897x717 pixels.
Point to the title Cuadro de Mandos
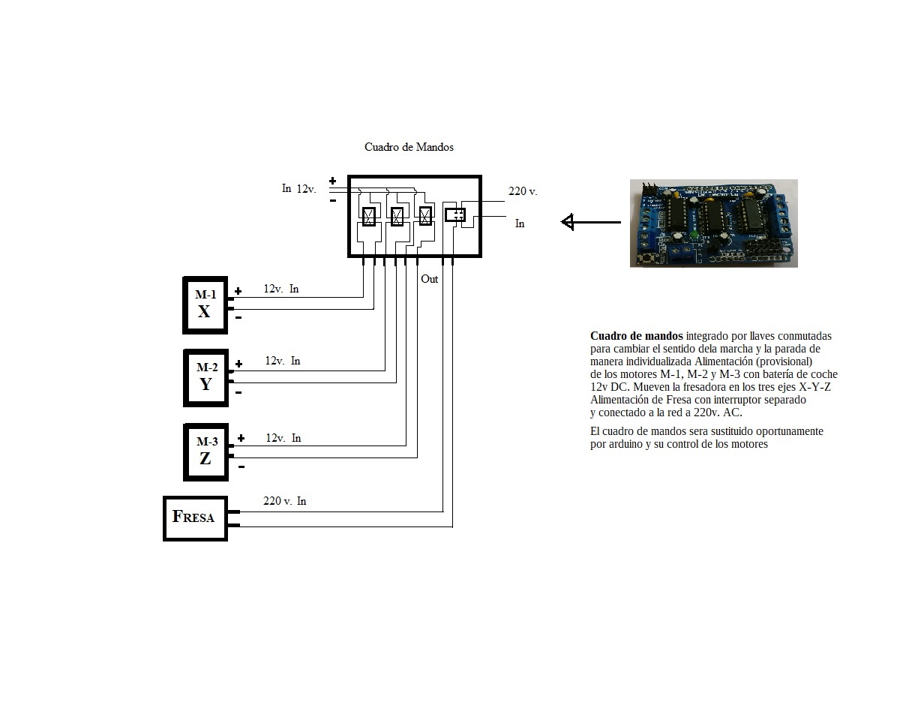coord(409,147)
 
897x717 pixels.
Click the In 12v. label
coord(298,188)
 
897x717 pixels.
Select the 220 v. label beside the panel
coord(523,191)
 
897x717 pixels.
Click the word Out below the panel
coord(430,279)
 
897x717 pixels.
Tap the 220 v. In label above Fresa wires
coord(284,501)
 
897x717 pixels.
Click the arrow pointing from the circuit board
coord(591,221)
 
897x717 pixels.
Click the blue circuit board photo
coord(713,223)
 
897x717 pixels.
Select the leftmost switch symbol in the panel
coord(369,216)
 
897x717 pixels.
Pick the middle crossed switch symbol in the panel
coord(397,216)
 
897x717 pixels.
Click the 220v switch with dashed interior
coord(455,214)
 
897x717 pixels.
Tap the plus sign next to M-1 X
coord(238,291)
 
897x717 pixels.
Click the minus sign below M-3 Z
coord(241,467)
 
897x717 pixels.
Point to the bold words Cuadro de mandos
coord(636,336)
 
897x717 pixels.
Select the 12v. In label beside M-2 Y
coord(283,361)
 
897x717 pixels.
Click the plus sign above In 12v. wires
coord(332,181)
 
